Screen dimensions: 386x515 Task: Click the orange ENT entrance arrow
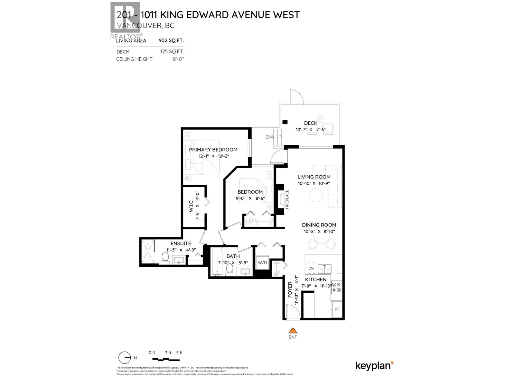point(292,330)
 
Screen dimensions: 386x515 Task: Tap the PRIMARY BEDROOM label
point(213,150)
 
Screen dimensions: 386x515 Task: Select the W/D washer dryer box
point(262,262)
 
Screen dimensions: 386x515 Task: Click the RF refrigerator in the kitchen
point(337,309)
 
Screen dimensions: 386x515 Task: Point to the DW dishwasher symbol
point(311,268)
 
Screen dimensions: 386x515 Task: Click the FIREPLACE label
point(287,199)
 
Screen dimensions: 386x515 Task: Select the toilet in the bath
point(230,269)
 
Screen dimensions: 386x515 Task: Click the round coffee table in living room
point(316,195)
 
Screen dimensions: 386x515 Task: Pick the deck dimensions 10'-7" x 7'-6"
point(311,130)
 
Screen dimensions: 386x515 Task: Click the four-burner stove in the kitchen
point(337,287)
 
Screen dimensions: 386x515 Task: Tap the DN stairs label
point(269,137)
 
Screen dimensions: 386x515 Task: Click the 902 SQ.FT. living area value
point(171,41)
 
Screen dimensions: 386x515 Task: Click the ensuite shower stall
point(147,252)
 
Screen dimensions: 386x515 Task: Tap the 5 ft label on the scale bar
point(179,353)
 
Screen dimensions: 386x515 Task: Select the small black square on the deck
point(285,122)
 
